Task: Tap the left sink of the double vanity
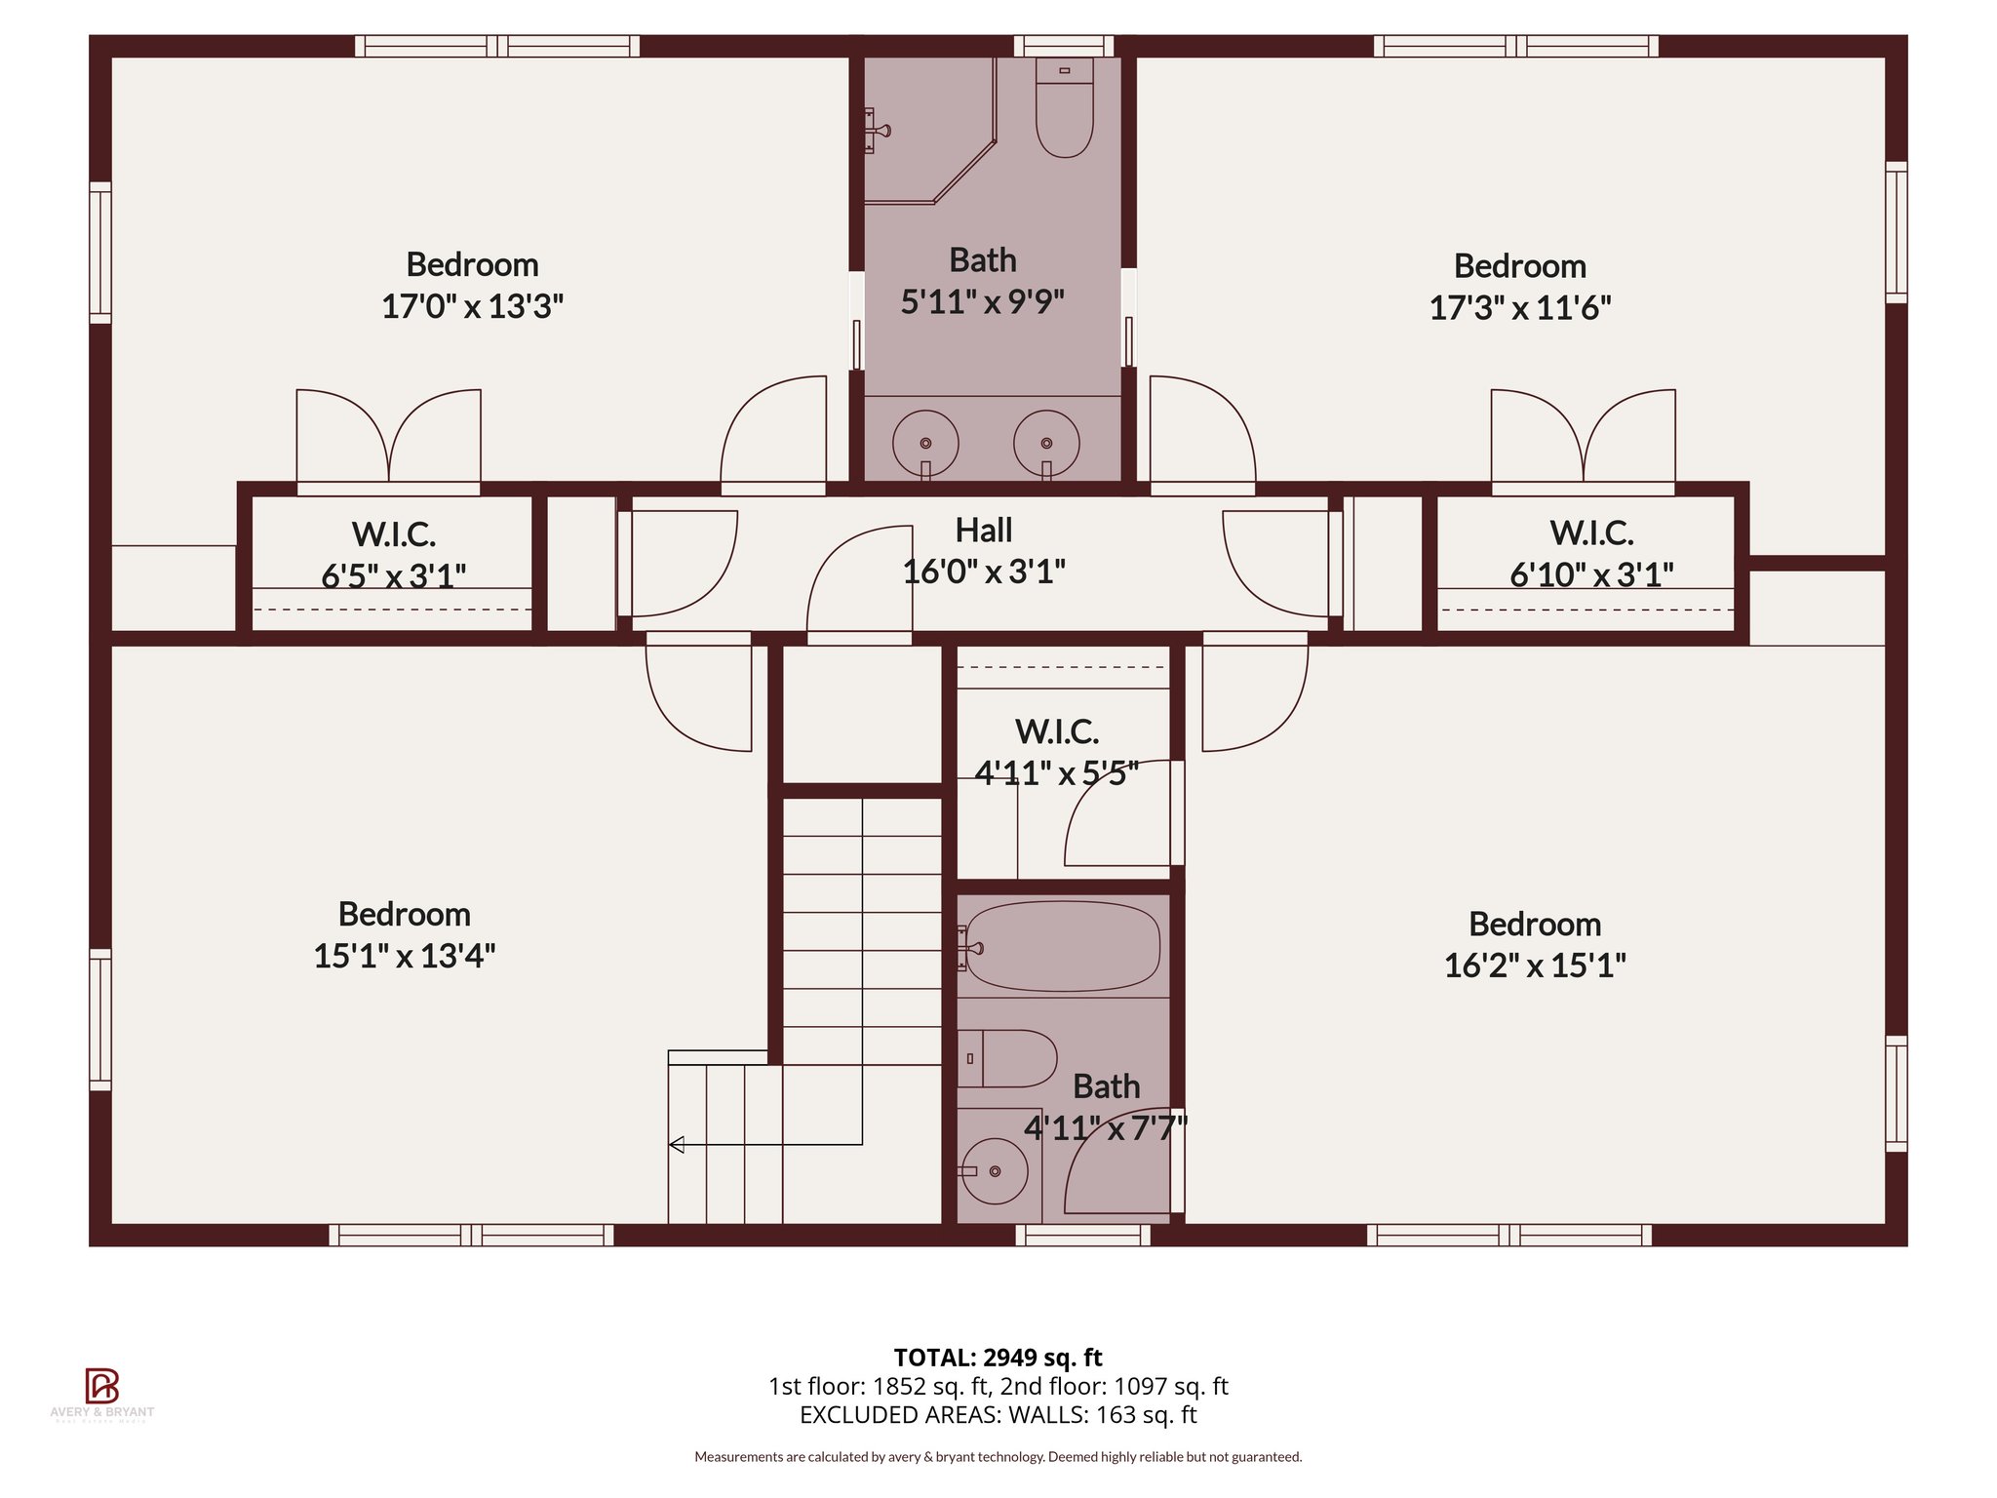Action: click(925, 443)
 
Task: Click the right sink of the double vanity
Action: click(1046, 443)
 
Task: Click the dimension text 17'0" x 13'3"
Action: click(472, 306)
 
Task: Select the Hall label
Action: click(983, 531)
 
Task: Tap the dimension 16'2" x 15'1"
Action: click(1534, 966)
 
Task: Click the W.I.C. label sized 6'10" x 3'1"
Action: click(1590, 533)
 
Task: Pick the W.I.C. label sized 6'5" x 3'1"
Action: click(393, 534)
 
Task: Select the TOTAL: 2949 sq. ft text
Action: click(998, 1357)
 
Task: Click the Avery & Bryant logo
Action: click(101, 1386)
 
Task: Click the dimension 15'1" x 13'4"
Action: click(404, 956)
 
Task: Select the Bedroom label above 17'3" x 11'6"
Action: click(1519, 266)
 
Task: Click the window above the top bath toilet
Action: click(1063, 46)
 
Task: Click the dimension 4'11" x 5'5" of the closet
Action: click(1056, 773)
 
